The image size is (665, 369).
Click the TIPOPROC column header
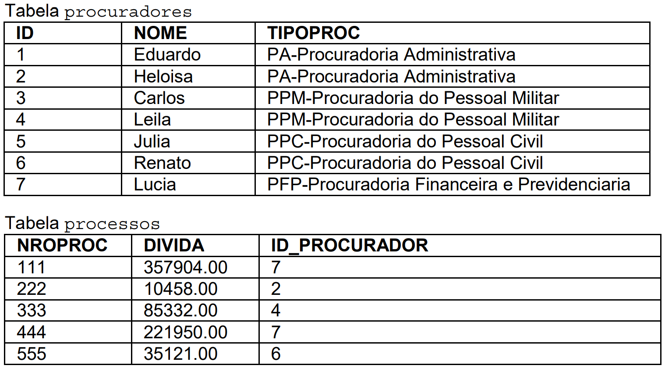click(313, 33)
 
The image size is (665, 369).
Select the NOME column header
click(160, 33)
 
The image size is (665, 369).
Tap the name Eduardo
click(167, 55)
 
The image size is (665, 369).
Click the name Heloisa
click(163, 76)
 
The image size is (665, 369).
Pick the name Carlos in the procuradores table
click(159, 98)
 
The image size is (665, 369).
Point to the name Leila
click(152, 120)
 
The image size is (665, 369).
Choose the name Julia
click(152, 141)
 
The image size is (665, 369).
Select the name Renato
click(162, 163)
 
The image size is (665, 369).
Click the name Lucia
click(155, 184)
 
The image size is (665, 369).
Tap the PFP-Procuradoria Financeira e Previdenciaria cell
click(448, 184)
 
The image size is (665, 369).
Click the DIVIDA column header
click(174, 245)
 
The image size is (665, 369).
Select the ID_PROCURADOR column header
click(349, 245)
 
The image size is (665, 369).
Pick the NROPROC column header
click(62, 245)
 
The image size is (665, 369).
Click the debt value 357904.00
click(185, 267)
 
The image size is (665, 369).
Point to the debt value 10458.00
click(180, 289)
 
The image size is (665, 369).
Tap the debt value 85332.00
click(180, 311)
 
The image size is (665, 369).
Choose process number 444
click(31, 332)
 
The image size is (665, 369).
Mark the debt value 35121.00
click(180, 354)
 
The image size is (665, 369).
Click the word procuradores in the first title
click(128, 12)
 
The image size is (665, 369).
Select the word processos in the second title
click(112, 224)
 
